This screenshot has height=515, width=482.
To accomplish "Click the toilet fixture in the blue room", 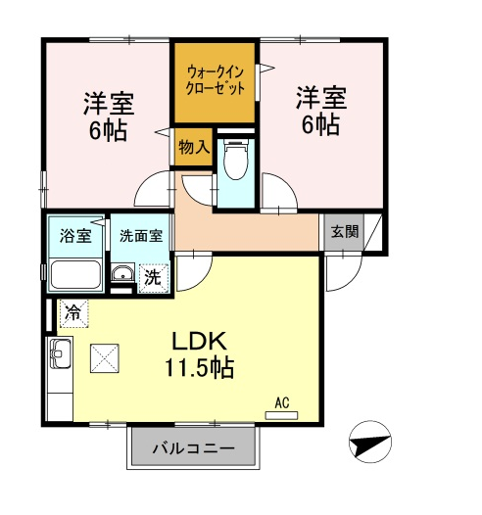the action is [x=235, y=160].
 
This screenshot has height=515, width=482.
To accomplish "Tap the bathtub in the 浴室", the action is [x=75, y=275].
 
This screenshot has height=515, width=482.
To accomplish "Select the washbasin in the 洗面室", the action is [x=122, y=272].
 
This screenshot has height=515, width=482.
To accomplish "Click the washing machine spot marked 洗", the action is [x=154, y=278].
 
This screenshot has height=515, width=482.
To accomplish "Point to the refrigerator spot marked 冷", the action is [x=72, y=313].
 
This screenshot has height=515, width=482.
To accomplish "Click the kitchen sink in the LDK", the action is [x=61, y=353].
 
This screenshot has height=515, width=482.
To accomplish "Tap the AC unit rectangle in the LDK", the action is [x=281, y=415].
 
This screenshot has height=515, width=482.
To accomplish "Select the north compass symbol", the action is [x=370, y=442].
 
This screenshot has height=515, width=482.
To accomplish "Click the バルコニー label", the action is [x=194, y=448].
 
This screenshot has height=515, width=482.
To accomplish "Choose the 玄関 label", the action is [x=344, y=231].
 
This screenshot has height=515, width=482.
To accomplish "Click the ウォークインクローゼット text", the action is [x=216, y=80].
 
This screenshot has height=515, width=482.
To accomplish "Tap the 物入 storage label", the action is [x=194, y=147].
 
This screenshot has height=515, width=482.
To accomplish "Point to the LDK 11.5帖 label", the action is [x=199, y=354].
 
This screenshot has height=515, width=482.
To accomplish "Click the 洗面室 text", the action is [x=141, y=236].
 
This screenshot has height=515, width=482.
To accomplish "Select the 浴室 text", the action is [x=75, y=236].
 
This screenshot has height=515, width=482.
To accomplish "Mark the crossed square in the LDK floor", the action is [x=105, y=358].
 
